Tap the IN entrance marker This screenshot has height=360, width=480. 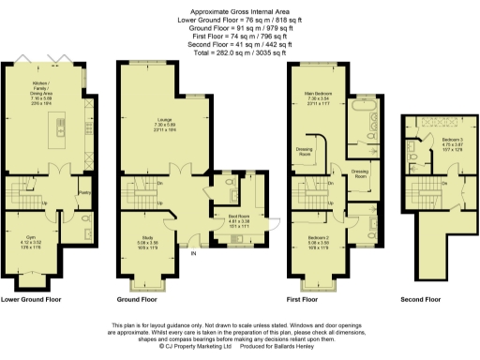point(194,254)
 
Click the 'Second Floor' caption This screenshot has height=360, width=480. point(419,300)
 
